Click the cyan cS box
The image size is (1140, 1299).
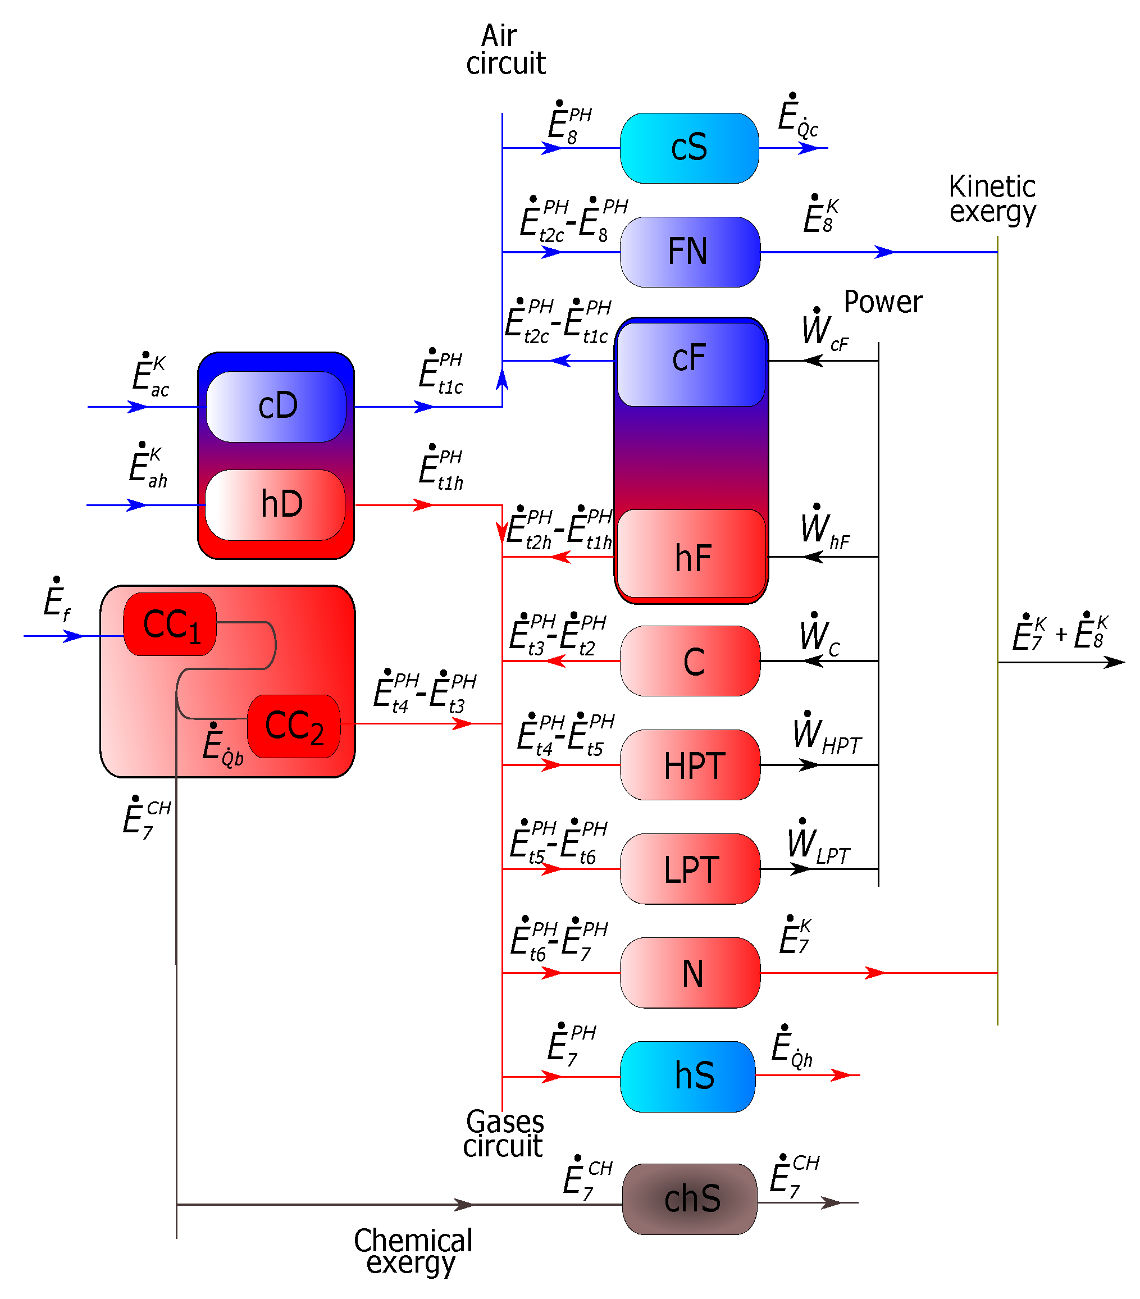click(689, 148)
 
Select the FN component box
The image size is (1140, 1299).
click(690, 252)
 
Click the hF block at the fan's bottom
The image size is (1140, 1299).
click(691, 554)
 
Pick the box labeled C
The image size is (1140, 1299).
click(690, 661)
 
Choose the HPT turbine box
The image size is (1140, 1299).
click(690, 764)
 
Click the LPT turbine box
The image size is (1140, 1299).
click(690, 869)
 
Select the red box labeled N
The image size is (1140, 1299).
click(690, 972)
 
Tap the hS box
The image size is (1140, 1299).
click(687, 1077)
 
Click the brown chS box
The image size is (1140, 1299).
click(690, 1199)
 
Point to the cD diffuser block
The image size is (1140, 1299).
click(276, 406)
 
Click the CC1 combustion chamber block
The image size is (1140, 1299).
click(170, 624)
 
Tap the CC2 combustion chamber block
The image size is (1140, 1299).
click(294, 726)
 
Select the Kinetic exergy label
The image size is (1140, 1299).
click(991, 199)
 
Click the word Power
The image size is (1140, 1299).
click(883, 302)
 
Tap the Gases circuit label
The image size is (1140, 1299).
click(504, 1134)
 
